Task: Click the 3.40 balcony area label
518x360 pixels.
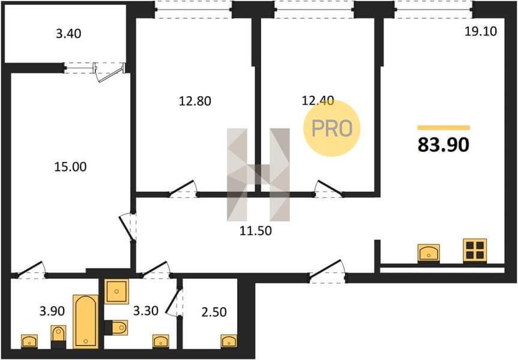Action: [68, 34]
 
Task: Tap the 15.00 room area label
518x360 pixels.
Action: [70, 167]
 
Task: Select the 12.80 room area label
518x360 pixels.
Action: [195, 101]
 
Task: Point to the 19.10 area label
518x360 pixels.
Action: [481, 31]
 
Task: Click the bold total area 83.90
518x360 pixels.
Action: [444, 145]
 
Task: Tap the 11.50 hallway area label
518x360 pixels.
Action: [256, 231]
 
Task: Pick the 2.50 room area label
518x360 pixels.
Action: [214, 312]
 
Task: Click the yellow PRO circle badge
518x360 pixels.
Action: [332, 128]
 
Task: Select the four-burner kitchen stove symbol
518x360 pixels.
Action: [475, 251]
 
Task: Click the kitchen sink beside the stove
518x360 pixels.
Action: [429, 253]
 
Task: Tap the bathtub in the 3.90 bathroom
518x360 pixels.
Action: [86, 322]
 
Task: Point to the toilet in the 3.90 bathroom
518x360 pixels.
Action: [58, 337]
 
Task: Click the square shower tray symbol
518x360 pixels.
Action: [116, 292]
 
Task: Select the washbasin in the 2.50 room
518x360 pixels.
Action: [229, 341]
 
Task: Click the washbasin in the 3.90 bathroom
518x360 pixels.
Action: [29, 341]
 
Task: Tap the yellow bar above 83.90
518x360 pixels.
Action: [444, 128]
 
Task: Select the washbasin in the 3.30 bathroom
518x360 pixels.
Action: [161, 341]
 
